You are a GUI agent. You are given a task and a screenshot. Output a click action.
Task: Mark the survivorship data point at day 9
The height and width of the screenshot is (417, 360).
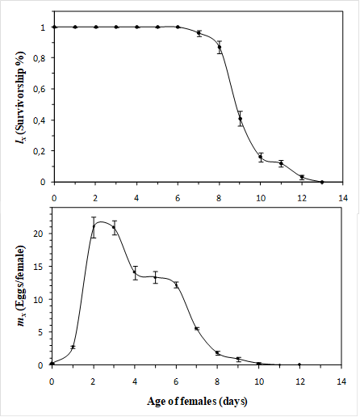click(240, 119)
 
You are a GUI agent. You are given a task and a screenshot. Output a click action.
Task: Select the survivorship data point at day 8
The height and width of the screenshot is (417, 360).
click(220, 47)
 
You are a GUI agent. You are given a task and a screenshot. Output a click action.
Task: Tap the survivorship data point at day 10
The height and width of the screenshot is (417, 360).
click(261, 157)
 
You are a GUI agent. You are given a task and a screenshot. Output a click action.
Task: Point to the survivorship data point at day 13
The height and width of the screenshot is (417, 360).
click(322, 182)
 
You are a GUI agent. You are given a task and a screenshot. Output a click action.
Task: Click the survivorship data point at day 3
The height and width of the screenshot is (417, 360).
click(116, 27)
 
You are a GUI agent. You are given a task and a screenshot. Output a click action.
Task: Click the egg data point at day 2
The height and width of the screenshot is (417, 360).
click(94, 227)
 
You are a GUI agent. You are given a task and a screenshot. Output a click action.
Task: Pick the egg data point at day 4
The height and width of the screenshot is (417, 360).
click(135, 272)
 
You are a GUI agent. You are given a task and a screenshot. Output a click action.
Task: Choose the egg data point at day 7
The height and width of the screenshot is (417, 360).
click(197, 328)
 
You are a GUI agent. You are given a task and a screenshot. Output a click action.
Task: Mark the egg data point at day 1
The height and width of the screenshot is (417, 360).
click(73, 347)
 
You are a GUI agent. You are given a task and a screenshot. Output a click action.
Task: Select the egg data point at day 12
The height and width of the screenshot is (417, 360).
click(300, 364)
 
